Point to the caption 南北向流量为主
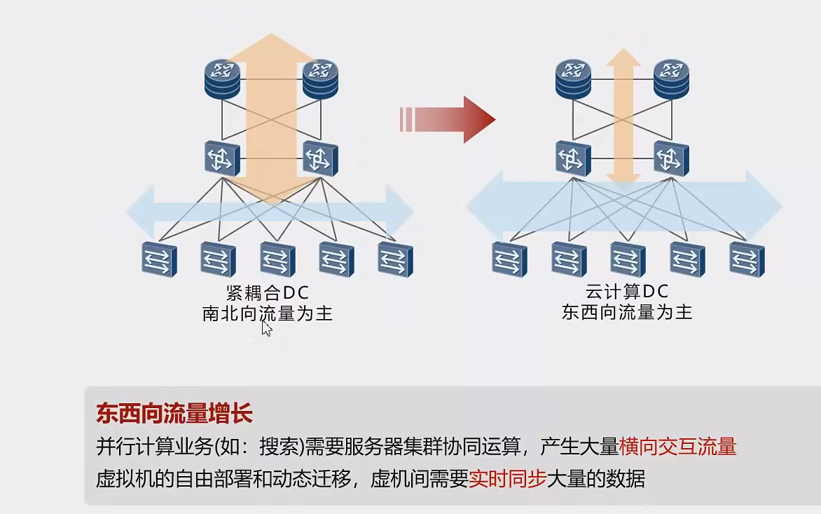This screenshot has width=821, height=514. point(267,313)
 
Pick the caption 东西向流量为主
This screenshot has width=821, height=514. point(626,312)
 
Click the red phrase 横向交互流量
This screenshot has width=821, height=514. point(677,446)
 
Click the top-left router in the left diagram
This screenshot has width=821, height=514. point(223,77)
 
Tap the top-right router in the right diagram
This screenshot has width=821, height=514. point(671,77)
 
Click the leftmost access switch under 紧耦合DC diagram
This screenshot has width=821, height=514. point(159,259)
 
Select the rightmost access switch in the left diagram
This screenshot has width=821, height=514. point(396,259)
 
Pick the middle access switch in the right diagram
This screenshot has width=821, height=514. point(628,259)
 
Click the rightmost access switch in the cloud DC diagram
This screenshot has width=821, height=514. point(747,259)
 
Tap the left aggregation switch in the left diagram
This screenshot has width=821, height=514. point(223,158)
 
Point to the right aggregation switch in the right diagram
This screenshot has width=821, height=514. point(671,158)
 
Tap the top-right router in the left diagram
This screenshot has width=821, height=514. point(320,77)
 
